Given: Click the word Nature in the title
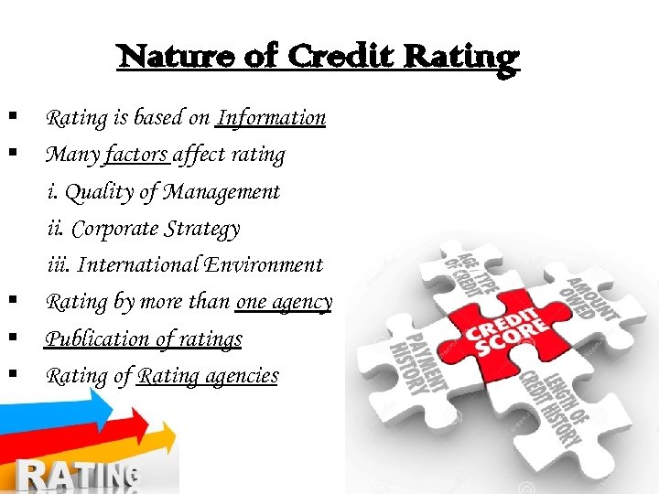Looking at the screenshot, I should pyautogui.click(x=160, y=57).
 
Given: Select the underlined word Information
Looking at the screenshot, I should pyautogui.click(x=271, y=118).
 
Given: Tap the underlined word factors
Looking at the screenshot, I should pyautogui.click(x=137, y=155).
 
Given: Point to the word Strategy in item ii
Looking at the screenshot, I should pyautogui.click(x=200, y=229).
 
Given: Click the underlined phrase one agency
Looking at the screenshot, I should pyautogui.click(x=284, y=302).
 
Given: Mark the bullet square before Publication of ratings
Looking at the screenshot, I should pyautogui.click(x=13, y=338).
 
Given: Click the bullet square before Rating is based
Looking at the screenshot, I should pyautogui.click(x=13, y=116).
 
